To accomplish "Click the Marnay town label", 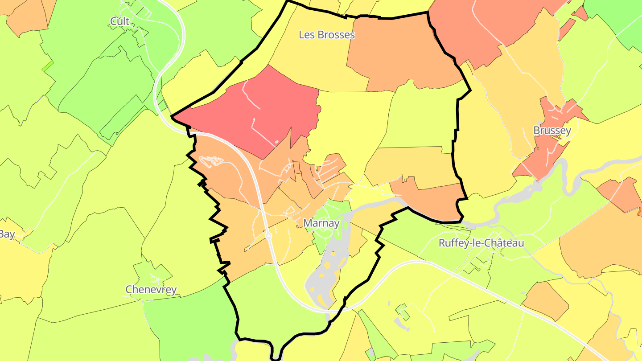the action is pos(321,223).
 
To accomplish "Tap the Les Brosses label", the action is pos(326,35).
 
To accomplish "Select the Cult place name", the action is pos(120,21).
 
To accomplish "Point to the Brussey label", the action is pos(552,131).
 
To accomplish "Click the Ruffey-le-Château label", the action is pos(481,243).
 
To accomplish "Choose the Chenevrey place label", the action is pos(151,290).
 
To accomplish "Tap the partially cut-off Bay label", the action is pos(7,234).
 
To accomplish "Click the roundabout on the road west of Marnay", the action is pos(268,236).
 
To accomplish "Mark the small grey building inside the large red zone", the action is pos(277,142).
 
